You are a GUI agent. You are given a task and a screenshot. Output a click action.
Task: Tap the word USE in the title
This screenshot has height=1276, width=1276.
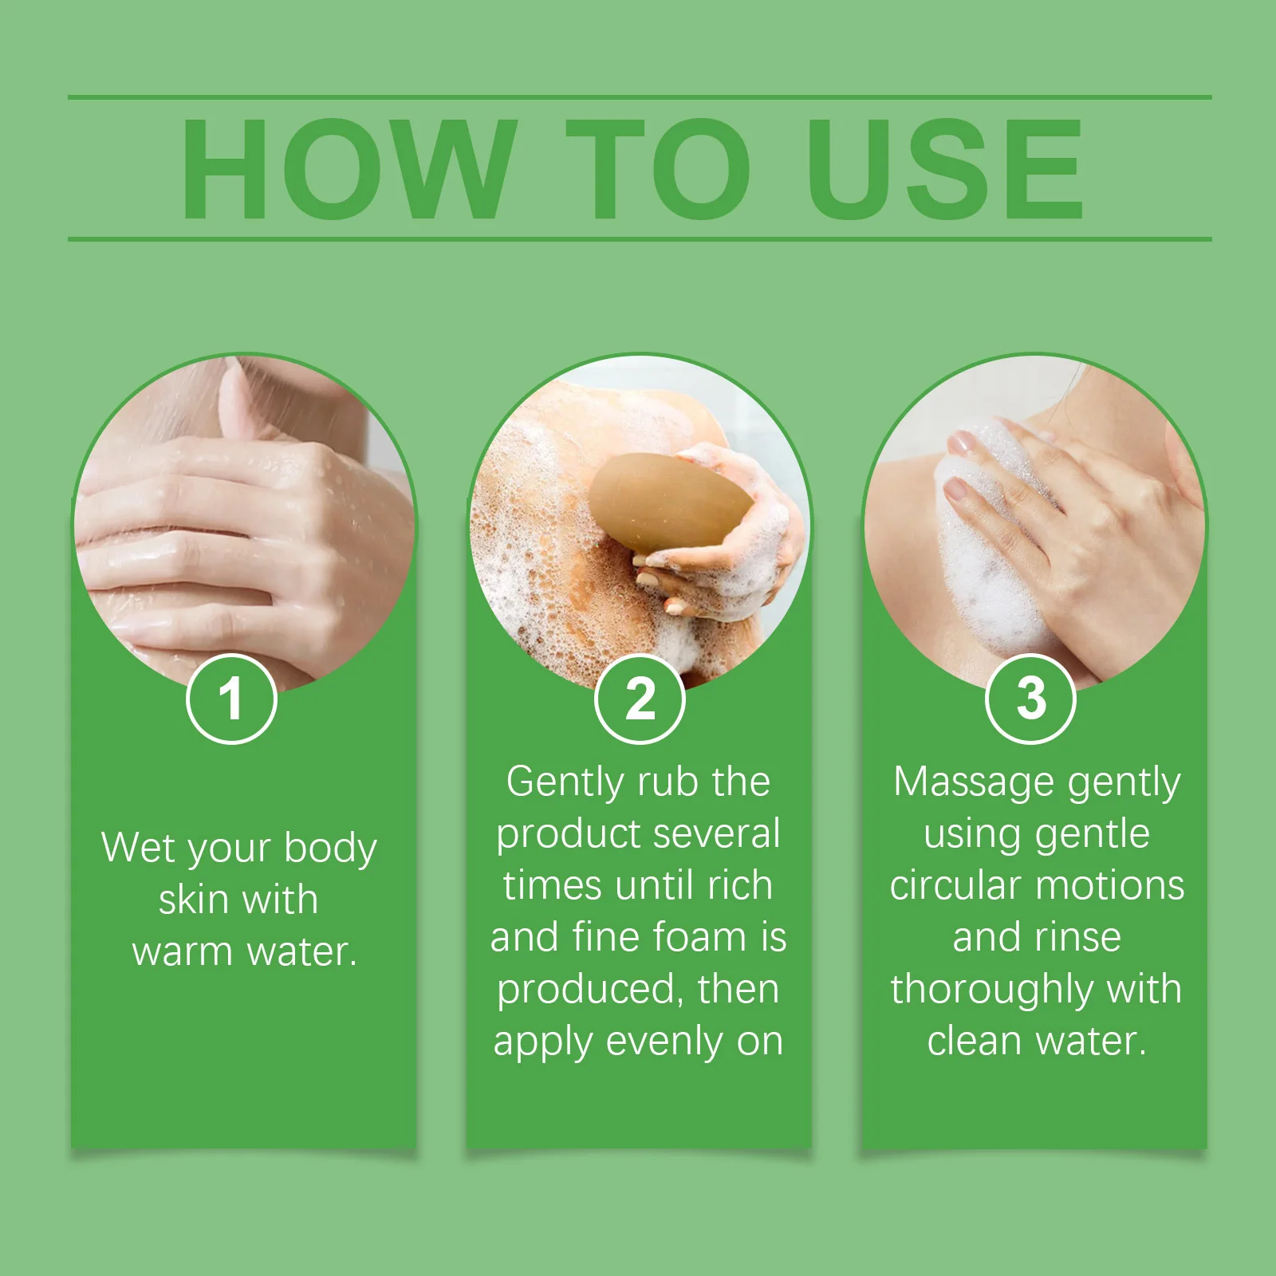point(945,168)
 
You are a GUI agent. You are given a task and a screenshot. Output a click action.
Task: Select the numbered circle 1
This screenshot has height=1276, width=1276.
point(231,699)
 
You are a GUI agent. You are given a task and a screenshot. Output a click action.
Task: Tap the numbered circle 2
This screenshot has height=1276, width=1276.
point(640,699)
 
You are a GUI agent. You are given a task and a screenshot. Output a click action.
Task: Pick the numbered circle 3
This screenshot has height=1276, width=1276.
point(1031,699)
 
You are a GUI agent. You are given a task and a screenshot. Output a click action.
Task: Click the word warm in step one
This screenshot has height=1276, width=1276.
point(182,951)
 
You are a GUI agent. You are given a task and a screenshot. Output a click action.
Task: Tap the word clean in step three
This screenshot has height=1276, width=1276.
point(974,1042)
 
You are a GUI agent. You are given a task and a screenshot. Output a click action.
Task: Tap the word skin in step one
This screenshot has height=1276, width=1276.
point(194,900)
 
